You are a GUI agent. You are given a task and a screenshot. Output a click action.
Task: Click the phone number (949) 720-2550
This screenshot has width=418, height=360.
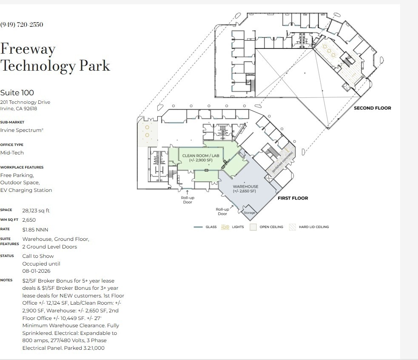tap(22, 25)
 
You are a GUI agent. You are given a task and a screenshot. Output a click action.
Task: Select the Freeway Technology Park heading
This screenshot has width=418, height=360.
tap(55, 57)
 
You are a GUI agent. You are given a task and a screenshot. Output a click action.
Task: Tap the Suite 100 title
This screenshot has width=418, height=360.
tap(17, 93)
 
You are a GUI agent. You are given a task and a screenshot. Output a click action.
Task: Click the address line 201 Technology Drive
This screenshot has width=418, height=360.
tap(25, 102)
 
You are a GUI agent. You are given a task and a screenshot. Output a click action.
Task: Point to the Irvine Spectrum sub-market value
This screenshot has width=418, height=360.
tap(22, 130)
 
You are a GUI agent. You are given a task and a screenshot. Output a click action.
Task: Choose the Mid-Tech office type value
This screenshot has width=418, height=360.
tap(12, 153)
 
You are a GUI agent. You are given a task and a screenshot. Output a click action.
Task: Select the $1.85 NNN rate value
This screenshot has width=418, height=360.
tap(35, 229)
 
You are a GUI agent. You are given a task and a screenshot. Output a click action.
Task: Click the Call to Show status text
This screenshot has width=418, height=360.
tap(38, 256)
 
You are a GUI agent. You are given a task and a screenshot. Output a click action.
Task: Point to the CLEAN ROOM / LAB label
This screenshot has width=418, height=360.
tap(201, 156)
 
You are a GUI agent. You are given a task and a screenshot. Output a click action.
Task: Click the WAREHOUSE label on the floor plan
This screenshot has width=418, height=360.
tap(245, 186)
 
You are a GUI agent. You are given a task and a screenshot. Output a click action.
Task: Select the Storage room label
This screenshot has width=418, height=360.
tap(249, 212)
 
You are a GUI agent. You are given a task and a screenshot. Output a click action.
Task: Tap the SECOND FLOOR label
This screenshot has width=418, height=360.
tap(372, 108)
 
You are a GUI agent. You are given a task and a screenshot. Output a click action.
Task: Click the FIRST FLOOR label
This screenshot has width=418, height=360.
tap(293, 198)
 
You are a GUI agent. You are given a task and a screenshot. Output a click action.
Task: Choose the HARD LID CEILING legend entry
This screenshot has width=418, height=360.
tap(314, 227)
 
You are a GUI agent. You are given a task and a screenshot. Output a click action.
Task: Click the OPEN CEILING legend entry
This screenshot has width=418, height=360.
tap(271, 227)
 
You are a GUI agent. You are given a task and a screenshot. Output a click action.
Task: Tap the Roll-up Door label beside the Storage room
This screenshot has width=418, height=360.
tap(222, 211)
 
